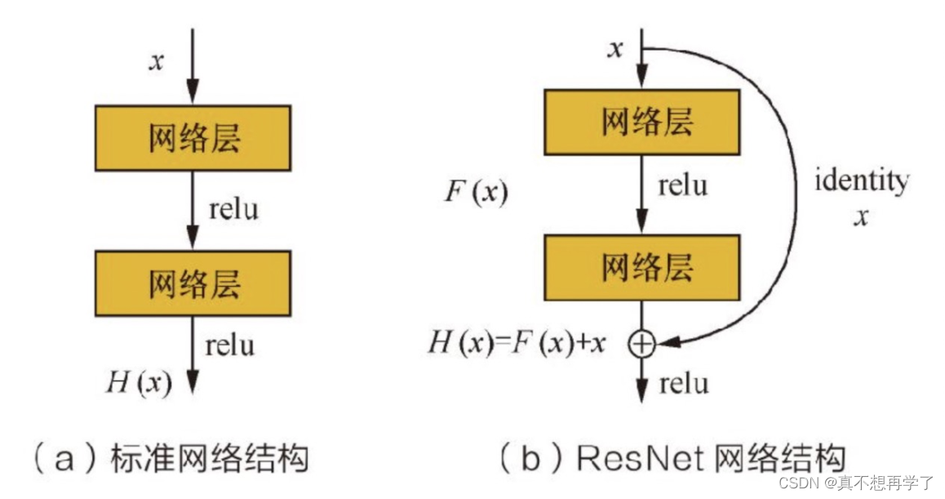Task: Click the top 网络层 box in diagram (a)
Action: click(193, 138)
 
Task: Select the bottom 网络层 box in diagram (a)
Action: click(193, 283)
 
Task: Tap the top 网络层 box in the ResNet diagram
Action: click(642, 122)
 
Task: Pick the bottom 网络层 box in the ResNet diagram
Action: click(642, 267)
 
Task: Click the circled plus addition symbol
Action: click(642, 345)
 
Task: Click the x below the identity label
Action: click(860, 217)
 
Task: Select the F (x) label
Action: click(476, 193)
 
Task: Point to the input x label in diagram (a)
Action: click(156, 61)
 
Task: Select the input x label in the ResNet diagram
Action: click(616, 49)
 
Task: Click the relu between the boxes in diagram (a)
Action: click(233, 210)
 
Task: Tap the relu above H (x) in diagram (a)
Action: click(230, 345)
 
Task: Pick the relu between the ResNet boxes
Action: click(683, 185)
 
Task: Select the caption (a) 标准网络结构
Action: click(171, 459)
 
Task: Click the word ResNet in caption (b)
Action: click(641, 459)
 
